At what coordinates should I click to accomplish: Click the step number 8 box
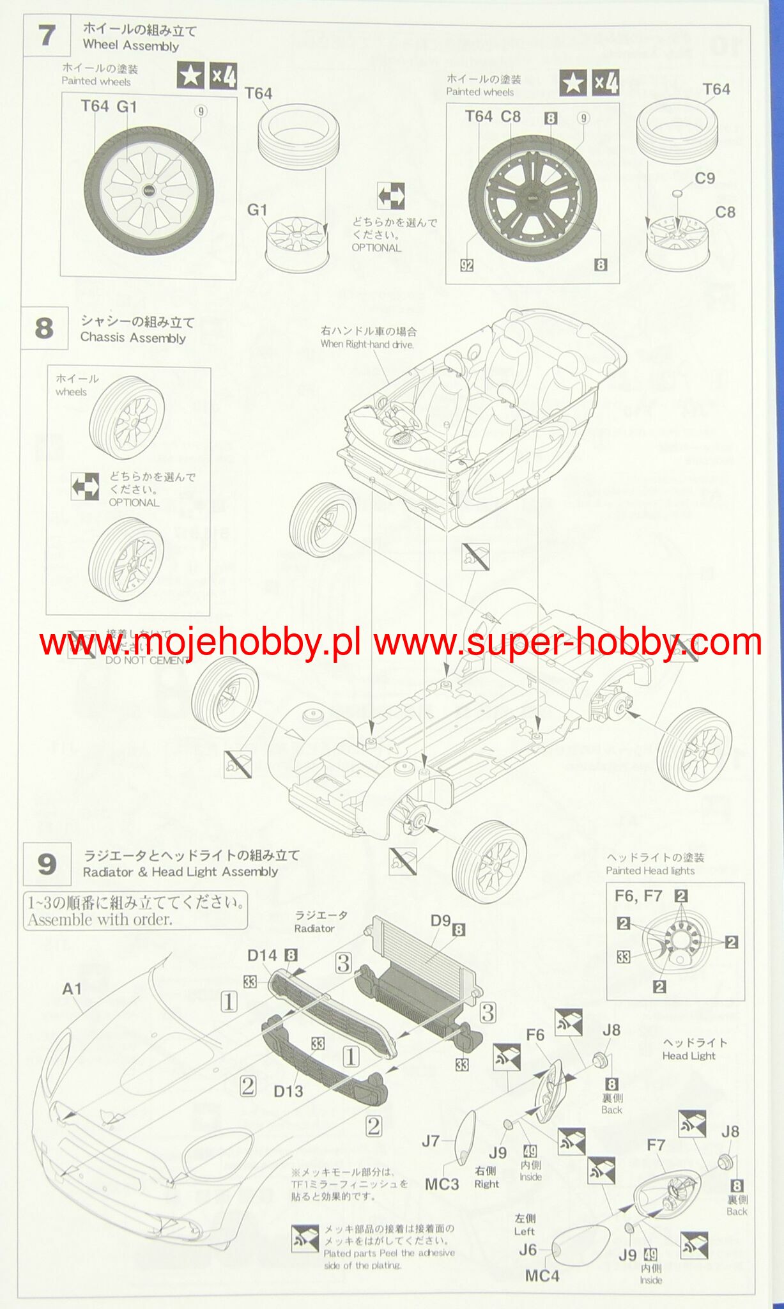[44, 329]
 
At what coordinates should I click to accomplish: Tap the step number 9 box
[47, 864]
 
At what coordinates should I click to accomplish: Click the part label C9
[704, 178]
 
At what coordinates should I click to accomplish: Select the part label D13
[288, 1091]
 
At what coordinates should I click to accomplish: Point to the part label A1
[72, 989]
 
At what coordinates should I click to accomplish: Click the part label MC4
[542, 1276]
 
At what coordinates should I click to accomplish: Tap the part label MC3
[442, 1184]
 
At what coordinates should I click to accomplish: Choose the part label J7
[431, 1140]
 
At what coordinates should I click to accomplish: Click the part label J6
[528, 1250]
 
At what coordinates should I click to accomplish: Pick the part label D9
[441, 921]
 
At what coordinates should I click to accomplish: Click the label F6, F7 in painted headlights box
[638, 896]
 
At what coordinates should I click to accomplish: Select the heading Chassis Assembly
[133, 337]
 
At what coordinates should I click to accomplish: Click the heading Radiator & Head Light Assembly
[181, 872]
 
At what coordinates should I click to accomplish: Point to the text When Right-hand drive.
[367, 345]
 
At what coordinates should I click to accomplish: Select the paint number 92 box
[467, 265]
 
